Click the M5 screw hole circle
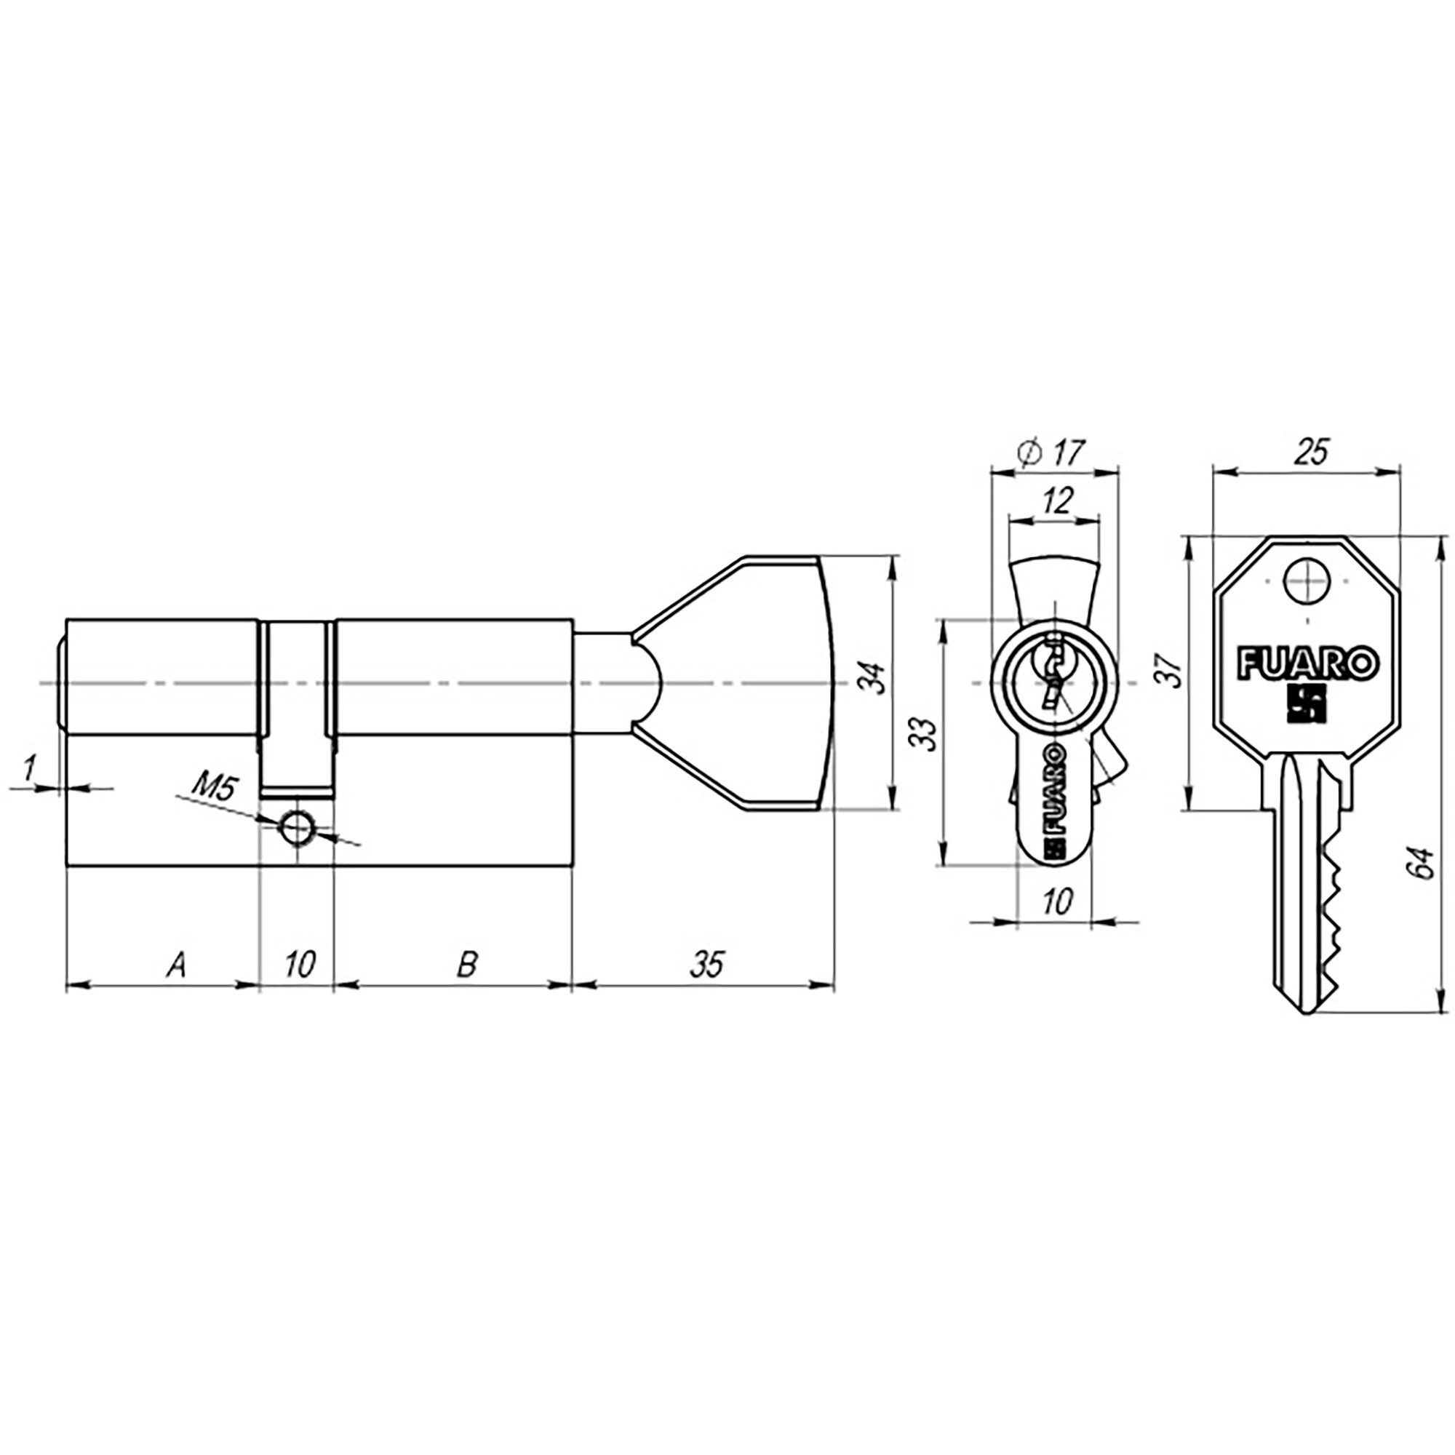point(297,829)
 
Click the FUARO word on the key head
point(1309,664)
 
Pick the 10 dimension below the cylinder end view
point(1057,901)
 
